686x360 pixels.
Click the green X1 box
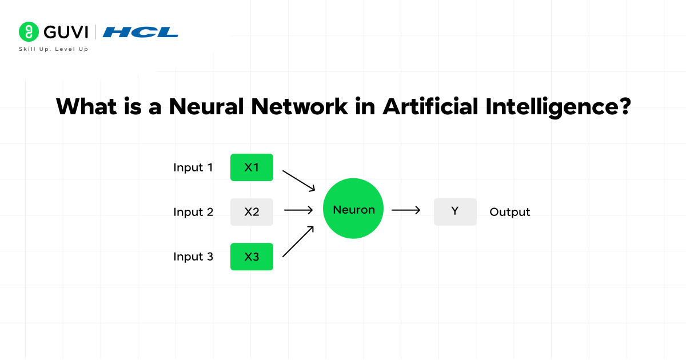click(252, 167)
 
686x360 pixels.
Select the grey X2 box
click(252, 212)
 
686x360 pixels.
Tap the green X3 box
click(252, 257)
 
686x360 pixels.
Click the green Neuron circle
click(354, 210)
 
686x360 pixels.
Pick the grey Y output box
click(455, 211)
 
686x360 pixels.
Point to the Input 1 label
click(193, 167)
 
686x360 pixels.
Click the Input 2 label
click(193, 212)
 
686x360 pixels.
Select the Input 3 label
click(193, 257)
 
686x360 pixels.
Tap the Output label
click(510, 212)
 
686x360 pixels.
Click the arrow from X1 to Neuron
click(299, 180)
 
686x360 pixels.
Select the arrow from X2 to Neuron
click(298, 210)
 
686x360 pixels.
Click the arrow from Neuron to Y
click(406, 210)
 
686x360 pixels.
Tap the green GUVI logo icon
click(27, 31)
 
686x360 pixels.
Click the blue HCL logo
click(141, 32)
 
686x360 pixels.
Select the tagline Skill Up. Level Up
click(54, 49)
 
